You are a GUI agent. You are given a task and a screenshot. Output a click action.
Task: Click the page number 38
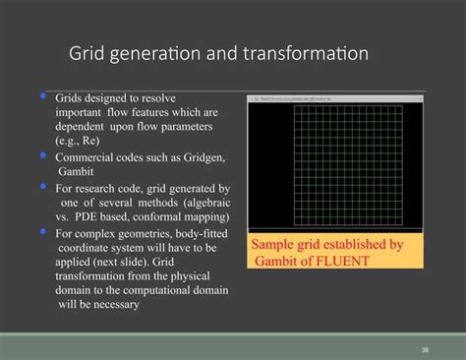(x=425, y=349)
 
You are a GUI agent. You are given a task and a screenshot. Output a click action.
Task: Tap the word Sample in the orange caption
(x=275, y=244)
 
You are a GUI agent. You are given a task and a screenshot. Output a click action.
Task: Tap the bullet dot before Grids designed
(x=43, y=97)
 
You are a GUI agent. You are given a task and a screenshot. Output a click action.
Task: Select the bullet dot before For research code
(x=43, y=184)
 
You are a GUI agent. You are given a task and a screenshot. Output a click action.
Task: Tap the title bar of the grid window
(x=335, y=99)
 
